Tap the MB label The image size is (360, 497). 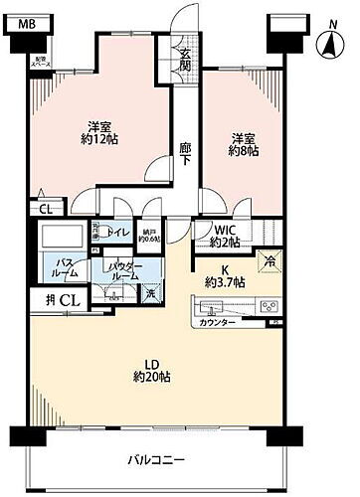(31, 22)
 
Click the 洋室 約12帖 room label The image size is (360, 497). (97, 133)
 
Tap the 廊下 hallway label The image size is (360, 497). (185, 151)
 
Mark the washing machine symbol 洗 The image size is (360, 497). (149, 293)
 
